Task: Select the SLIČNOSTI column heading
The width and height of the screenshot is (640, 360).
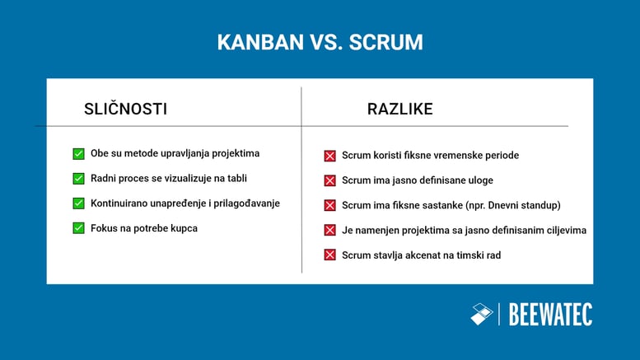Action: (x=125, y=109)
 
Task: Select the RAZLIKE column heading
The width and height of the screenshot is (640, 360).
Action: (x=399, y=109)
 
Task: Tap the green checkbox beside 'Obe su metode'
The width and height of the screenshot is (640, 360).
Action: (x=78, y=153)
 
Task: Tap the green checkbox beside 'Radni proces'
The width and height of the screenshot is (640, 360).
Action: (x=78, y=178)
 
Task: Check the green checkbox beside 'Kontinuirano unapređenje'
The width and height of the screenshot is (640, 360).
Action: (x=78, y=203)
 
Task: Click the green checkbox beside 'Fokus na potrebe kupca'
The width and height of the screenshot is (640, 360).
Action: (x=78, y=227)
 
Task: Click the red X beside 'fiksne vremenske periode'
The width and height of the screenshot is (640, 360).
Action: (x=329, y=156)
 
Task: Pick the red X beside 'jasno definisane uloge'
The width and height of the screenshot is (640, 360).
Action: (x=329, y=180)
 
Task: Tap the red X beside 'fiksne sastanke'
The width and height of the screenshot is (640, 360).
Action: (x=329, y=205)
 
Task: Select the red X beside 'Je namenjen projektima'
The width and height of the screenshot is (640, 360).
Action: (x=329, y=230)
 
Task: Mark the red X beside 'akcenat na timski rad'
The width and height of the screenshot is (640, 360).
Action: (x=329, y=255)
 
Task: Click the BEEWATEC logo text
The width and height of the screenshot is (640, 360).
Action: (x=550, y=314)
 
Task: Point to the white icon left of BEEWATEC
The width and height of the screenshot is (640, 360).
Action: (x=481, y=314)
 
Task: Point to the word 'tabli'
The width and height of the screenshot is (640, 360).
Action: (x=236, y=178)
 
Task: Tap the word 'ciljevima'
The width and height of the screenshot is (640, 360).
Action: (x=563, y=230)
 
